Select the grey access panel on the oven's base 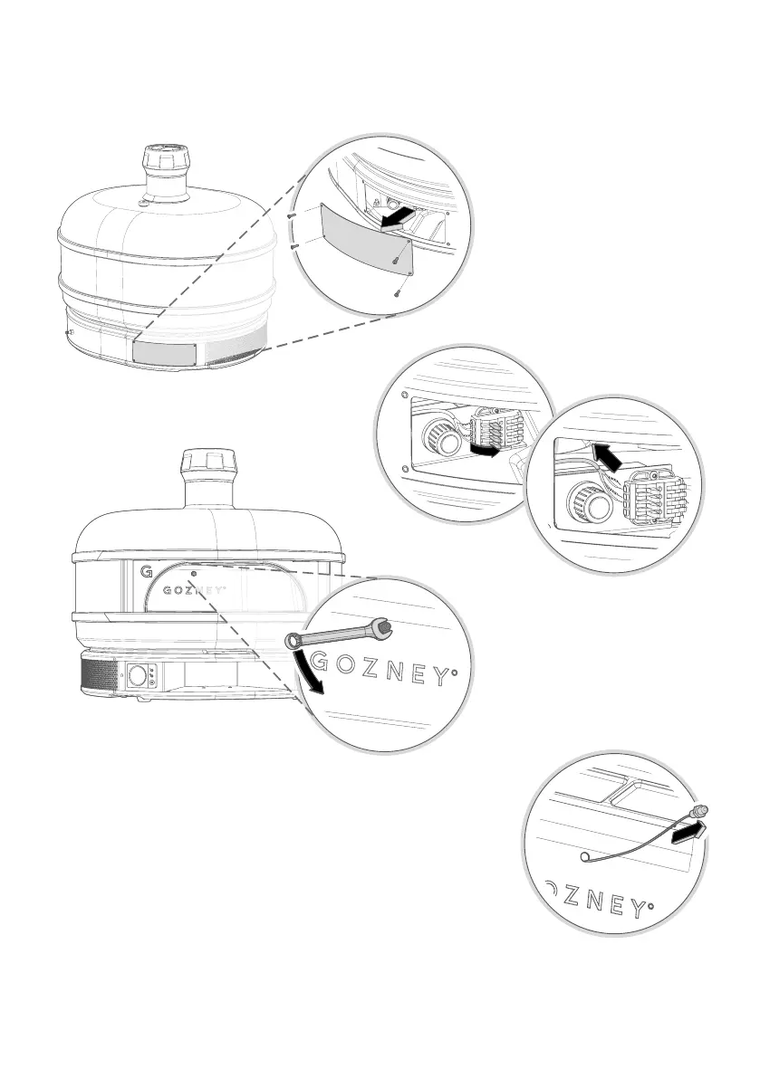[x=164, y=352]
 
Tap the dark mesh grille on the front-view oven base [x=99, y=676]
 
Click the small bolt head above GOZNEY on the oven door [x=195, y=572]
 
